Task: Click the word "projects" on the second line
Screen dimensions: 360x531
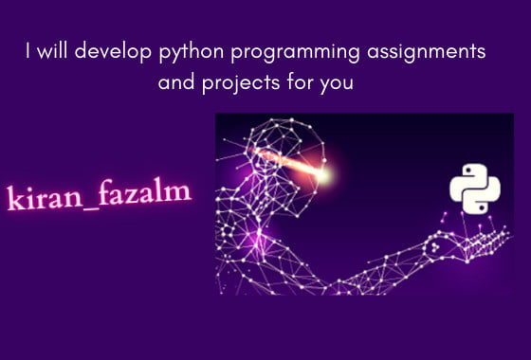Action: pyautogui.click(x=234, y=83)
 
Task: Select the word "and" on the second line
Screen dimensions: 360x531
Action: pyautogui.click(x=175, y=82)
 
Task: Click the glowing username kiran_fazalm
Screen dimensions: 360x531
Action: pyautogui.click(x=99, y=196)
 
